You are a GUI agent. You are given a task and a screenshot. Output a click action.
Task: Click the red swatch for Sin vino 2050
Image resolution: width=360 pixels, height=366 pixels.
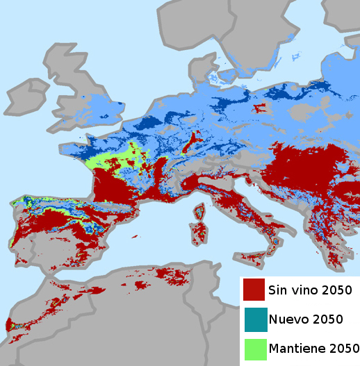point(254,289)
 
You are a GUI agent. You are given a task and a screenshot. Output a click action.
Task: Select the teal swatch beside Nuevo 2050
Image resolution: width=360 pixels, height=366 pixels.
point(254,319)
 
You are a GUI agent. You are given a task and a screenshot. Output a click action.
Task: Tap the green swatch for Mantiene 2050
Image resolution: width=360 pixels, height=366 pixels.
point(254,349)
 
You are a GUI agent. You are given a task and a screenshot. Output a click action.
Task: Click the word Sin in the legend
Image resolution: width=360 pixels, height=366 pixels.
point(281,289)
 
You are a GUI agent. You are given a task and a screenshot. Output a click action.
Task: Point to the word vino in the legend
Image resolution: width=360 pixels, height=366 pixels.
point(308,289)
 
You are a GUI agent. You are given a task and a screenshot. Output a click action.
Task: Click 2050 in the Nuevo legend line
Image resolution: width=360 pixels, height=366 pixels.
point(327,319)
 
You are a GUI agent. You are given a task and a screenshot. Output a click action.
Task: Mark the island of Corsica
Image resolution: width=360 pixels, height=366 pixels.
point(197,210)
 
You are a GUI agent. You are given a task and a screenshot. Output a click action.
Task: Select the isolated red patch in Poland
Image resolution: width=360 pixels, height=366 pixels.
point(262,108)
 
